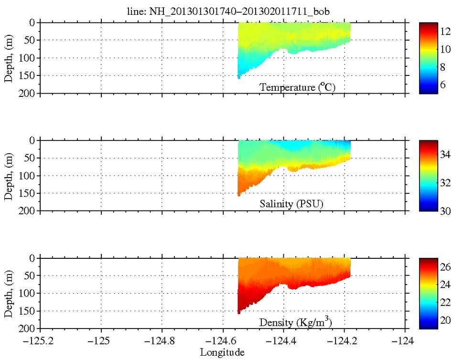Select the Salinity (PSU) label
tap(291, 204)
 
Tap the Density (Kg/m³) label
tap(295, 322)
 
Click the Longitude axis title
tap(222, 353)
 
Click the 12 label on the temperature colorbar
tap(445, 32)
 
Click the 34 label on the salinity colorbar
tap(445, 155)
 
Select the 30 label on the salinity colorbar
tap(445, 210)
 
